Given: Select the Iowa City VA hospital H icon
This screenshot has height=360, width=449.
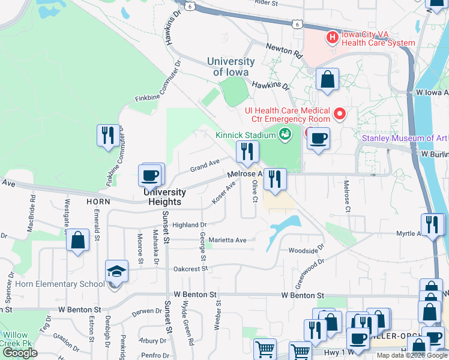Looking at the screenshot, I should tap(332, 38).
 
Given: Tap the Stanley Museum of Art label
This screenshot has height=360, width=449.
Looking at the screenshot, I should tap(405, 139).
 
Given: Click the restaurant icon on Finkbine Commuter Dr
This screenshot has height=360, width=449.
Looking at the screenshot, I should tap(108, 134).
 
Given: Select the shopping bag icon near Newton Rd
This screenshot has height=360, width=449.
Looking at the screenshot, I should tap(327, 79).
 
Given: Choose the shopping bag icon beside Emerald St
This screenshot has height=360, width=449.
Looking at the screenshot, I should tap(78, 241).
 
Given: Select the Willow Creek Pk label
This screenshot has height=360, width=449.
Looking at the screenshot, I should tap(15, 339).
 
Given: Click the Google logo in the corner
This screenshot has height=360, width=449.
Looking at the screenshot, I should tap(20, 353).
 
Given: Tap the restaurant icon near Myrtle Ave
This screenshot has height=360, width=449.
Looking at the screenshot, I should tap(431, 224).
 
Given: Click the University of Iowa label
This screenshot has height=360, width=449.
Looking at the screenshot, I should tap(231, 67).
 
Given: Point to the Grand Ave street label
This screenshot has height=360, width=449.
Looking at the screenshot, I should tap(205, 163).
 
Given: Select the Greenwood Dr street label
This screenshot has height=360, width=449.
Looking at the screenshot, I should tap(310, 270).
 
